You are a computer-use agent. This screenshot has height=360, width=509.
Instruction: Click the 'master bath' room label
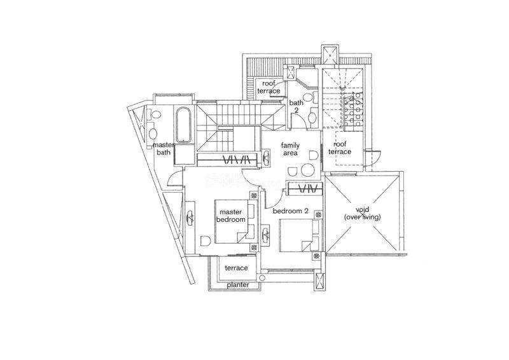[164, 148]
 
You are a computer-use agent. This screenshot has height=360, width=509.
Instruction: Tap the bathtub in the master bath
[183, 125]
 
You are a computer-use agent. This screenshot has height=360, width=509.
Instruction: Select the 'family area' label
[290, 149]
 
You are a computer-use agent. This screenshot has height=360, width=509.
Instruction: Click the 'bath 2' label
[296, 106]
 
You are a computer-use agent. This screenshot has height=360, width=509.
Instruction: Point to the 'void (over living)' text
[362, 213]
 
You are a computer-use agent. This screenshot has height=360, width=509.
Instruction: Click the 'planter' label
[238, 285]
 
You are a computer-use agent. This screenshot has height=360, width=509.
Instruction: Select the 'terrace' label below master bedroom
[236, 268]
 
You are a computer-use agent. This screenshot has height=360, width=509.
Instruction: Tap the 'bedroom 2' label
[290, 211]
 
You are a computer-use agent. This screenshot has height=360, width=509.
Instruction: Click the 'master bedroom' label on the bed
[231, 216]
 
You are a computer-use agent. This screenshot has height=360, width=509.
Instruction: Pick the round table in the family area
[307, 170]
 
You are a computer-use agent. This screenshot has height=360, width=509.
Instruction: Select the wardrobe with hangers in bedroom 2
[305, 189]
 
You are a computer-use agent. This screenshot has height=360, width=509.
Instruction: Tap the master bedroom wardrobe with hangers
[229, 160]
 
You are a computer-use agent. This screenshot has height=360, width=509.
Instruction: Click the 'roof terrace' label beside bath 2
[268, 87]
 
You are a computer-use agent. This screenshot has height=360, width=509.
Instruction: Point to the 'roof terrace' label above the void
[340, 148]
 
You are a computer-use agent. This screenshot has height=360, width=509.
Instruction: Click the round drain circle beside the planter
[263, 277]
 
